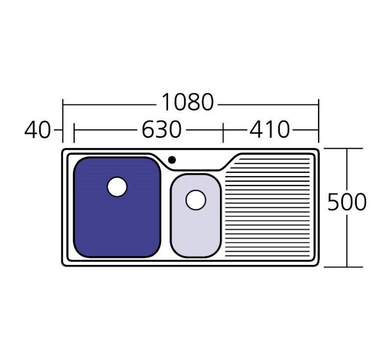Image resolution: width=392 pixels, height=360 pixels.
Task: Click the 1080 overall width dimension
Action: click(188, 102)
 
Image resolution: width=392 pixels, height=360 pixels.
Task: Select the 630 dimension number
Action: click(161, 130)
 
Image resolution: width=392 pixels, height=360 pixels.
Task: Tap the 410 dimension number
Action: click(269, 130)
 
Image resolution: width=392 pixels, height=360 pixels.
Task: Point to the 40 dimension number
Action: click(38, 130)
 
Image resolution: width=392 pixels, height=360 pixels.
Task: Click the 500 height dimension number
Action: click(347, 202)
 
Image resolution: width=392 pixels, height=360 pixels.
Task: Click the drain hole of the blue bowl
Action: click(117, 187)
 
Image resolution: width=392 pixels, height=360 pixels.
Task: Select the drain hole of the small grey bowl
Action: click(196, 200)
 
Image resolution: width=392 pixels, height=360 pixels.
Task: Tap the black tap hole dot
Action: click(172, 160)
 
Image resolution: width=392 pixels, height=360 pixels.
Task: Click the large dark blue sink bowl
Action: click(117, 207)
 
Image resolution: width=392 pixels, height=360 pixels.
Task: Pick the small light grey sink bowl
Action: click(196, 216)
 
